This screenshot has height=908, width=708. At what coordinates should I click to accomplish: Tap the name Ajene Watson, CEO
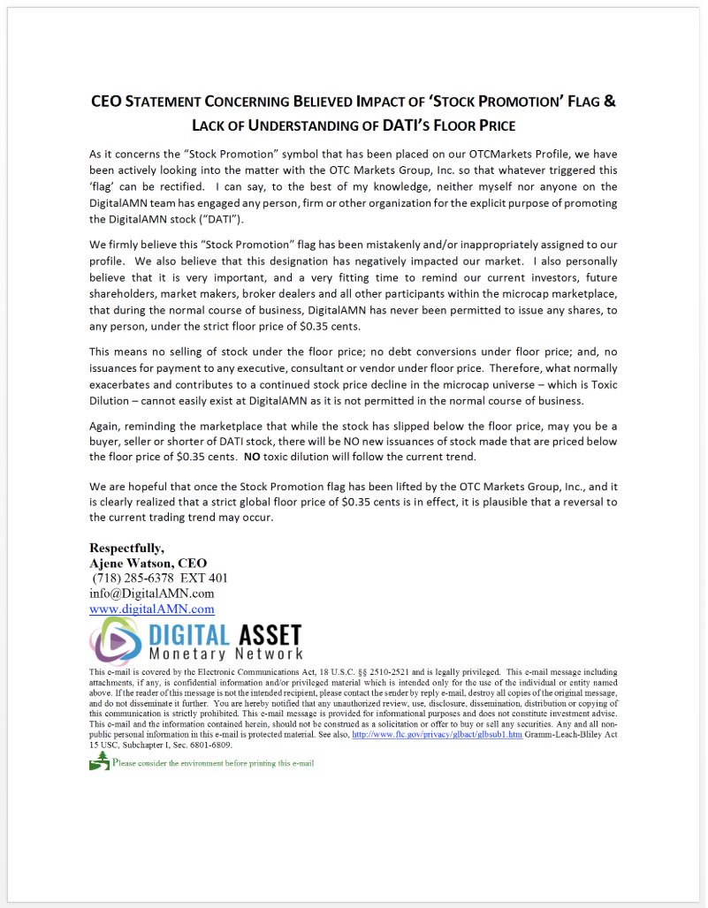click(148, 563)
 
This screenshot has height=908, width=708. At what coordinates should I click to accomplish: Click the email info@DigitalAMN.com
click(151, 593)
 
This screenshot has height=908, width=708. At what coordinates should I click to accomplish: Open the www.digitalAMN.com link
click(151, 609)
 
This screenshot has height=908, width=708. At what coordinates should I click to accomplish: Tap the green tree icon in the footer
click(98, 761)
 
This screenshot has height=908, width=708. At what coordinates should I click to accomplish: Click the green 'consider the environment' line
click(213, 762)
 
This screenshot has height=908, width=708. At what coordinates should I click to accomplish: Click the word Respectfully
click(126, 548)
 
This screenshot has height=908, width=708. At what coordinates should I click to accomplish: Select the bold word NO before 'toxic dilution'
click(252, 457)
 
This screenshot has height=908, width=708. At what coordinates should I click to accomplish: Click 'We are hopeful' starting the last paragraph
click(131, 487)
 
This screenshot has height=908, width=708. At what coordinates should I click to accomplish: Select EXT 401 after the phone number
click(204, 578)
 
